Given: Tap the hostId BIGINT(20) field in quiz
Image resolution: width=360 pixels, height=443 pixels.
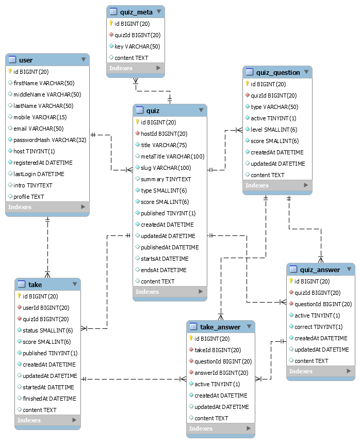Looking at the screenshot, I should click(164, 134).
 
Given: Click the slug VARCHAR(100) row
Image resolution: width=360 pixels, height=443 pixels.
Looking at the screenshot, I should click(166, 168).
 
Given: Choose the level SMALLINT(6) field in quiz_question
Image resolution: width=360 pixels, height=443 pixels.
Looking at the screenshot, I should click(273, 130).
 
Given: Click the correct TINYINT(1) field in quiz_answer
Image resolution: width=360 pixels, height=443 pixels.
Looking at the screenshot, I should click(318, 327).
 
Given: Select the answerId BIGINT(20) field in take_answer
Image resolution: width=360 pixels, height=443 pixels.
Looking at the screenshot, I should click(221, 373).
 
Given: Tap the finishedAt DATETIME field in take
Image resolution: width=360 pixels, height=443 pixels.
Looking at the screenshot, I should click(49, 399).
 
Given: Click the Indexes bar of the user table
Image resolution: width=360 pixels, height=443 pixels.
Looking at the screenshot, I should click(47, 207).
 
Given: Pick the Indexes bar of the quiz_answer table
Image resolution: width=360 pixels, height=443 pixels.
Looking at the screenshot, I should click(321, 371).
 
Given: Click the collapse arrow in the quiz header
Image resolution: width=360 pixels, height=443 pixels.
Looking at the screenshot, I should click(200, 110).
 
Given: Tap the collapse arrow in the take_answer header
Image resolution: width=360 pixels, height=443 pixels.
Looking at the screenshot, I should click(249, 326).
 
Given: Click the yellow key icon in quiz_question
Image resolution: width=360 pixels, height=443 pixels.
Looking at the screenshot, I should click(247, 84).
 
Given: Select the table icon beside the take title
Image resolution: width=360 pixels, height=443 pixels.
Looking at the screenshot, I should click(22, 284).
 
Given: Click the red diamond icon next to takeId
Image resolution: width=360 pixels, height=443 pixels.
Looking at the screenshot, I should click(191, 350).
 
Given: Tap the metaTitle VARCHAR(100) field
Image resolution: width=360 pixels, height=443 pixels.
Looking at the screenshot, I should click(172, 156).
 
